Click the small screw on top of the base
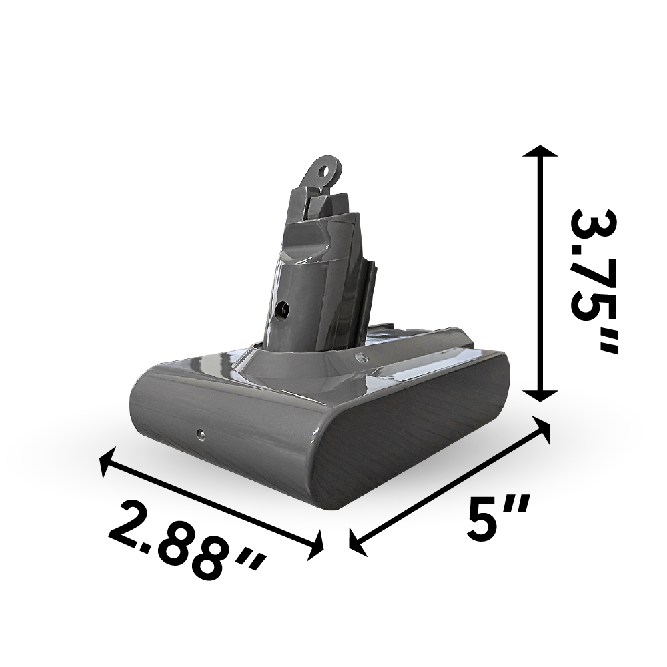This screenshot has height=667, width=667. tap(362, 358)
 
